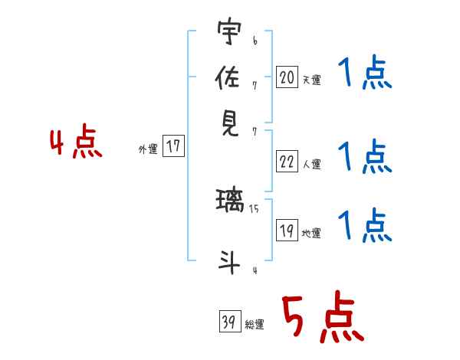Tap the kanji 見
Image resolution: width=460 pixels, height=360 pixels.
229,122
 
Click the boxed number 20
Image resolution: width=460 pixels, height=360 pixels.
287,77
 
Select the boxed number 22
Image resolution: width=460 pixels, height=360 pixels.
287,162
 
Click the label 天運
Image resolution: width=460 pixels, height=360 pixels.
312,80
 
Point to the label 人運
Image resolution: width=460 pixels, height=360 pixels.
312,164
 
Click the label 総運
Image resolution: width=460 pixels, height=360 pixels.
255,325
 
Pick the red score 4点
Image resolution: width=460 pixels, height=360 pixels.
75,143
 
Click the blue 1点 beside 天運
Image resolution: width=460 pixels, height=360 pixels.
365,75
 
